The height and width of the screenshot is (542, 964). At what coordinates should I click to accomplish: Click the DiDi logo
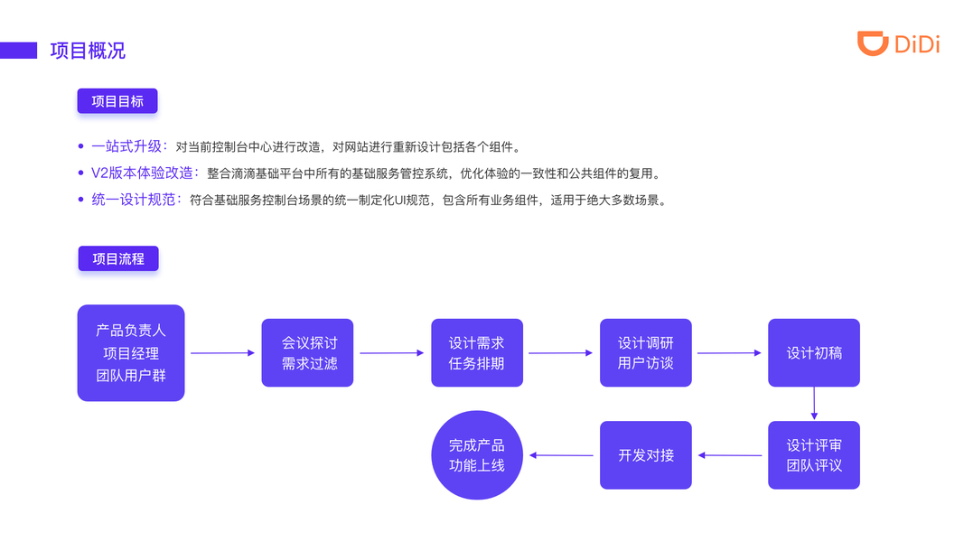(898, 43)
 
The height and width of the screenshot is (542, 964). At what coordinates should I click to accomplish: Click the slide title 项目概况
(88, 51)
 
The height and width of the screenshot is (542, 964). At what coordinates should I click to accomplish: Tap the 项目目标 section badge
(117, 101)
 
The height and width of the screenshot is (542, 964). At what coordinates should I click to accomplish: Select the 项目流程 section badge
(118, 258)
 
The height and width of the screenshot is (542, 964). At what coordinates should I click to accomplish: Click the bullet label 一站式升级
(128, 146)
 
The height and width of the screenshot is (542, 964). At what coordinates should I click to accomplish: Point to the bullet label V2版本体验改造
(143, 173)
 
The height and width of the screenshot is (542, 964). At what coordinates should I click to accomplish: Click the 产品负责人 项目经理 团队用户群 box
(131, 353)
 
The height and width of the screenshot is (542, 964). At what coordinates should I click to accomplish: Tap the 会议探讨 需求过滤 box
(307, 353)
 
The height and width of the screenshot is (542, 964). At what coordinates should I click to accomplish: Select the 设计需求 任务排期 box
(477, 353)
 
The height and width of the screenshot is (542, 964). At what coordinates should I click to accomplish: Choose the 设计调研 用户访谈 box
(646, 353)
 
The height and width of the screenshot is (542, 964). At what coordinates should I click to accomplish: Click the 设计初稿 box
(814, 353)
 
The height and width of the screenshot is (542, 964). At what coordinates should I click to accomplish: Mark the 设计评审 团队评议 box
(814, 455)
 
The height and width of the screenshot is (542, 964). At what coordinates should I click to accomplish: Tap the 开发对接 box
(646, 455)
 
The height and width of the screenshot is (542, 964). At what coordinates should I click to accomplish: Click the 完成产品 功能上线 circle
(477, 455)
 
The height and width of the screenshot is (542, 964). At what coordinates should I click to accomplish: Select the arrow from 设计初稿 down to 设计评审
(814, 404)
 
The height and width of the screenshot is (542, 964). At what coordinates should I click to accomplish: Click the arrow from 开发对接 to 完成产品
(561, 455)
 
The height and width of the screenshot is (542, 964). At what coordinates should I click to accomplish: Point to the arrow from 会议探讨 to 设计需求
(391, 353)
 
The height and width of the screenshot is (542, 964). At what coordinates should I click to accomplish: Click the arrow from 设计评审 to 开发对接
(730, 455)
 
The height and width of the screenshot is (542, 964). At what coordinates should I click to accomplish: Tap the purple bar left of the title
(18, 51)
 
